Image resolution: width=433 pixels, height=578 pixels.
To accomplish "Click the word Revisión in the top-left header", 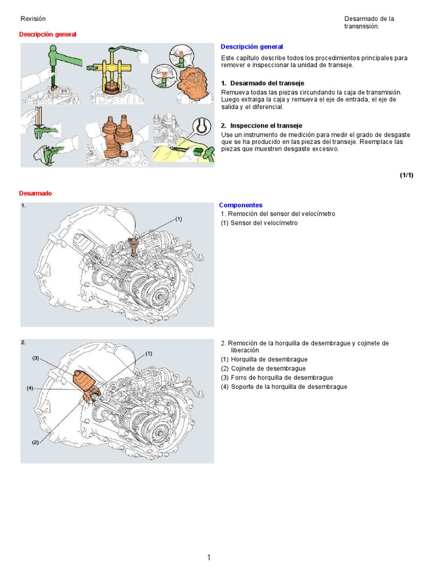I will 33,19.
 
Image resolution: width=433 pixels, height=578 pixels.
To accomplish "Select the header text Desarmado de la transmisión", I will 369,22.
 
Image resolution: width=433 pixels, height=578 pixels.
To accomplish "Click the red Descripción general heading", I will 47,34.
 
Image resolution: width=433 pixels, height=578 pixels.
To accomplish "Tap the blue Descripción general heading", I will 251,47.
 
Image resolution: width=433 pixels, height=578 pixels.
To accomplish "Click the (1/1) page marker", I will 407,175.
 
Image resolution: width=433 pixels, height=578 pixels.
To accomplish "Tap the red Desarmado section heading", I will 36,193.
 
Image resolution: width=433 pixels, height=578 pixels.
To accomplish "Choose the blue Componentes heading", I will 240,205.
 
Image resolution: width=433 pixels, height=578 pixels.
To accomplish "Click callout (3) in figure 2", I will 35,358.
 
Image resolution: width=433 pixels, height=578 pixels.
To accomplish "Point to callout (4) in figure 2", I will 30,388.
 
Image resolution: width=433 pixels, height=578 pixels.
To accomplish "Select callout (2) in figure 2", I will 35,443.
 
